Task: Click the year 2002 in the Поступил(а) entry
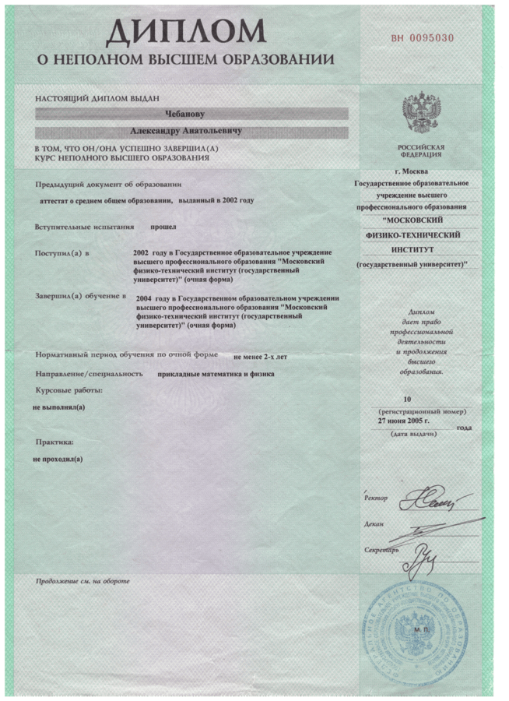141,254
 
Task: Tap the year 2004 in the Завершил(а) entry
143,298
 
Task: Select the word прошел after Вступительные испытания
163,227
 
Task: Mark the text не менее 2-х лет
260,357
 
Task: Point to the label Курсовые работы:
69,389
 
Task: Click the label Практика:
54,442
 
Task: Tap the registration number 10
418,399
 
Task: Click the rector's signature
428,497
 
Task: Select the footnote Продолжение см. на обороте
82,582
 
